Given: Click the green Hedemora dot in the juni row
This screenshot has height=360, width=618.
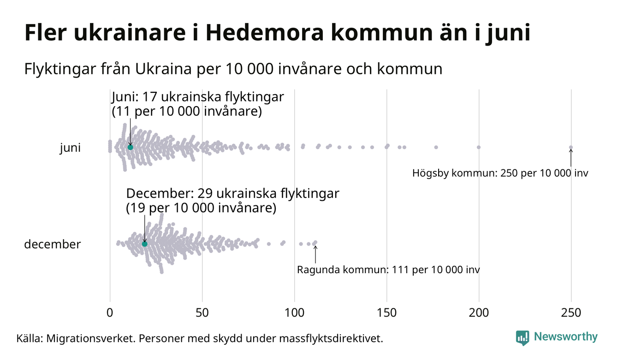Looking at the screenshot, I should (130, 147).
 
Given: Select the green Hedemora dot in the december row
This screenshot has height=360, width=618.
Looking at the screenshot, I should (144, 244).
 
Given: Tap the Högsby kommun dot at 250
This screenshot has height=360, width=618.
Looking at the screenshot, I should (571, 148).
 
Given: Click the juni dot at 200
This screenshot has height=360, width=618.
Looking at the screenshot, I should (479, 147).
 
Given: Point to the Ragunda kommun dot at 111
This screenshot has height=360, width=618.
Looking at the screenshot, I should (315, 242).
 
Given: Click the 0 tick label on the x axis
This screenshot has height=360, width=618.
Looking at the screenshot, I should (110, 313).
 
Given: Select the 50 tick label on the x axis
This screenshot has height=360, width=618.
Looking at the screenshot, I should (202, 313).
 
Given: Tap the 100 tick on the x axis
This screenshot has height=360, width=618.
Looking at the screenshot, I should (294, 313).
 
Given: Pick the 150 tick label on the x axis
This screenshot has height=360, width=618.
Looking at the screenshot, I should (386, 313).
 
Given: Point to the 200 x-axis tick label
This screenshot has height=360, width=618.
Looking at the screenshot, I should (479, 313).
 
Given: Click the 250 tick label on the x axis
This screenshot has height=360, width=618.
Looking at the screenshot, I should (571, 313).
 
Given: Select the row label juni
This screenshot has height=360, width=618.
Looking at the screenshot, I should (70, 148).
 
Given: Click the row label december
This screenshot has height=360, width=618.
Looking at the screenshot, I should (52, 244).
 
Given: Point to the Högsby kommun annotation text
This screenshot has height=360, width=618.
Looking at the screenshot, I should (500, 174).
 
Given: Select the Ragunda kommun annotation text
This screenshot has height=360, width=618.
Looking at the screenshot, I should (388, 270).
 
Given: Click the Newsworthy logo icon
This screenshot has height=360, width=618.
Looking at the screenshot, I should (523, 338).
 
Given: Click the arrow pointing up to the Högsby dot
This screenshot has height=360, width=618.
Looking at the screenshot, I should (571, 158).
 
